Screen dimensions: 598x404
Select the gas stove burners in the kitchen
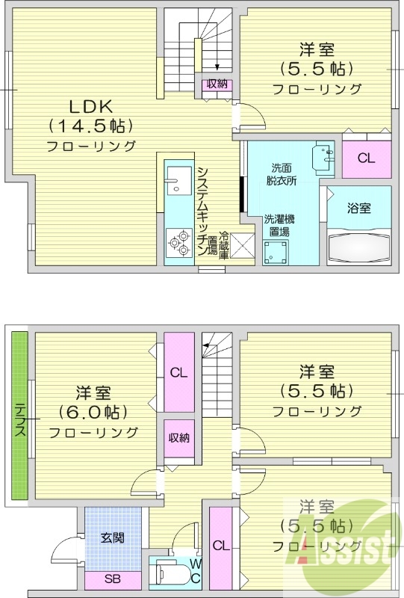(178, 241)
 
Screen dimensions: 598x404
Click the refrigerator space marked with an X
(243, 246)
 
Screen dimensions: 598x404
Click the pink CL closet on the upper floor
(365, 158)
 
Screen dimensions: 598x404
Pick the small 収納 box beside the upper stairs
(217, 84)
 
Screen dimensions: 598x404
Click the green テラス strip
(19, 417)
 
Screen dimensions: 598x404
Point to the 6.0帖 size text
(93, 411)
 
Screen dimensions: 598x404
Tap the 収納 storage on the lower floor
(178, 438)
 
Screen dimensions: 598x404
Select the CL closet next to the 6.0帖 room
(178, 372)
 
